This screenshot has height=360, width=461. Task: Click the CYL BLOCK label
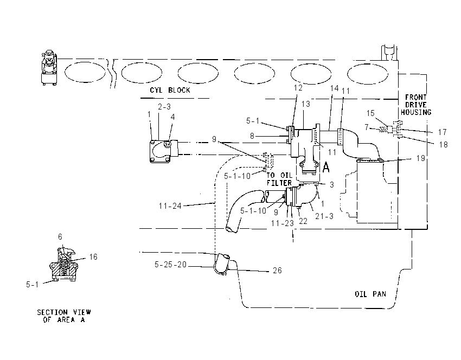click(x=170, y=90)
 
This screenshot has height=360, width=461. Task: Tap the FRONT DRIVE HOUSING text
click(x=416, y=105)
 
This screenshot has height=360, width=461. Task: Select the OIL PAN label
click(x=370, y=294)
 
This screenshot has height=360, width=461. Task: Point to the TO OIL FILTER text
click(x=279, y=179)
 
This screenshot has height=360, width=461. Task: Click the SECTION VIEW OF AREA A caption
click(x=64, y=316)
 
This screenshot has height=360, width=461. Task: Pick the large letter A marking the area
click(x=326, y=167)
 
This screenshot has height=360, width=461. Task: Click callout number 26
click(x=277, y=271)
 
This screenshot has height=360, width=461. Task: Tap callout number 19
click(x=421, y=158)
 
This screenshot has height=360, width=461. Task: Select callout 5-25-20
click(x=170, y=265)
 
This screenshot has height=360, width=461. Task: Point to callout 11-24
click(x=170, y=206)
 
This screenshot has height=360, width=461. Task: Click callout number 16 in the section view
click(x=93, y=257)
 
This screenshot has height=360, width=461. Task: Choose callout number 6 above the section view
click(x=60, y=237)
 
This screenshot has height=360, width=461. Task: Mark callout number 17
click(x=442, y=132)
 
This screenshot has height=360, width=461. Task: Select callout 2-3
click(x=164, y=107)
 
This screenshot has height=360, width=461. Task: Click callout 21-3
click(x=324, y=216)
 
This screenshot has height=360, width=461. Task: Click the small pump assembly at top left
click(x=49, y=68)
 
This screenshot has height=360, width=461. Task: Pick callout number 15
click(x=370, y=113)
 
